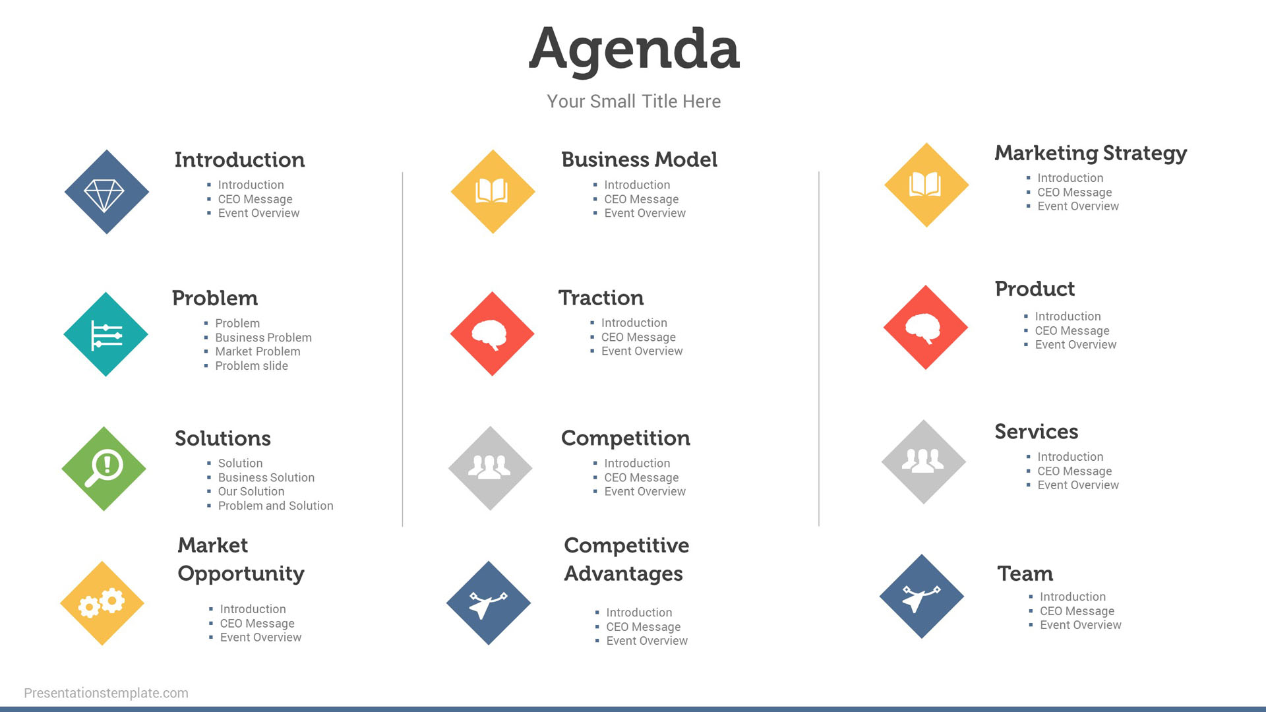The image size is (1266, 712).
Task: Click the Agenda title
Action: (634, 50)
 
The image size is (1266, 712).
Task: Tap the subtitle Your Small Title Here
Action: (634, 102)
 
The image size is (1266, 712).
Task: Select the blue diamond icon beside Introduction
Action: (106, 192)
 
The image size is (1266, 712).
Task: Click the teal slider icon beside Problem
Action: (105, 334)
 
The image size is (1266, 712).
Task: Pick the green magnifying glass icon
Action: (104, 469)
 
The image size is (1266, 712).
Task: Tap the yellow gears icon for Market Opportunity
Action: (102, 603)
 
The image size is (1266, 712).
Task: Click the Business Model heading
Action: (639, 160)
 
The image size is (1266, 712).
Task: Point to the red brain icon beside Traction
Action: (492, 334)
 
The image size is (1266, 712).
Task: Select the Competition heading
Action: (625, 438)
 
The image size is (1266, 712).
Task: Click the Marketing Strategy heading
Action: (1091, 154)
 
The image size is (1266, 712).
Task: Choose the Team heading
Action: (1025, 574)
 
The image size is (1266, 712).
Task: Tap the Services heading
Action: (1036, 432)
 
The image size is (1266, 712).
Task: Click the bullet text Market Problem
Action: (258, 352)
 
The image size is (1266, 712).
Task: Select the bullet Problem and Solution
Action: (276, 506)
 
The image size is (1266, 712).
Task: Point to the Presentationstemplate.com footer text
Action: (106, 693)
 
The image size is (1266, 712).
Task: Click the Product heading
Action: (1035, 289)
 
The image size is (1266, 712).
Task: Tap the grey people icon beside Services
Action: (924, 462)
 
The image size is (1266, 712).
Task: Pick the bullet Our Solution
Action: (251, 492)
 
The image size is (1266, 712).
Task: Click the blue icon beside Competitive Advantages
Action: (489, 603)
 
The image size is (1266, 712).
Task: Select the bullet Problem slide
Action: (251, 366)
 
